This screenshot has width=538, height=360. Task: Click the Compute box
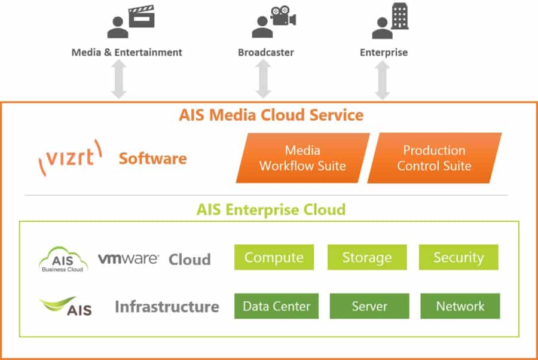point(274,258)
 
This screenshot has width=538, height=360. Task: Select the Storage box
point(367,258)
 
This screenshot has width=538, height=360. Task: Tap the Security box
point(458,258)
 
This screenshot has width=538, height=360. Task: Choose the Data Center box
point(276,306)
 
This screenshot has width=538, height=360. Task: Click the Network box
point(460,306)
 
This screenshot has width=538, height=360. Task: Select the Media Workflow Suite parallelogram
point(302,158)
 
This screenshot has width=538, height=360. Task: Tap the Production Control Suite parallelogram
point(435,158)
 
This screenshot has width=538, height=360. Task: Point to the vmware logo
point(129,258)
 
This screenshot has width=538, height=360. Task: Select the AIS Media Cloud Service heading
point(271,114)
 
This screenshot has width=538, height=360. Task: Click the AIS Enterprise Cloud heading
point(271,209)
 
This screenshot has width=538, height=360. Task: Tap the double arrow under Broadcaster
point(264,80)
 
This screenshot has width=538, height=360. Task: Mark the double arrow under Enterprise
point(382,80)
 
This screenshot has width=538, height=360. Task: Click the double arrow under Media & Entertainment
point(119,80)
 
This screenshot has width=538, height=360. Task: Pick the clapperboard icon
point(142,16)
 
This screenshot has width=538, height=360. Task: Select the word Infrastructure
point(167,307)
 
